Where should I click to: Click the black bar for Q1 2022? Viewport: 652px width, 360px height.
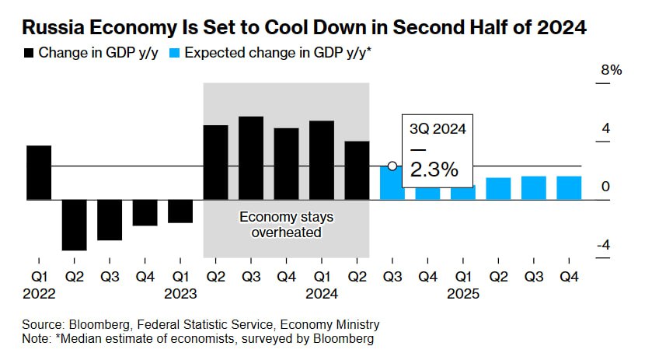[x=39, y=173]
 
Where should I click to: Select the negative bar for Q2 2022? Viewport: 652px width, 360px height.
[x=75, y=225]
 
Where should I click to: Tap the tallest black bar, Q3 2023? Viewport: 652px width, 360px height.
[x=251, y=158]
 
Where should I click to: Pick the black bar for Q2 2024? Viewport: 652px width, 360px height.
[x=357, y=170]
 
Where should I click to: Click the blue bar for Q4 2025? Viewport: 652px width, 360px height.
[x=569, y=187]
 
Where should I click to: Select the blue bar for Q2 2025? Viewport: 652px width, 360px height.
[x=498, y=188]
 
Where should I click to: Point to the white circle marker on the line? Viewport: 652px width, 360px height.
[x=392, y=166]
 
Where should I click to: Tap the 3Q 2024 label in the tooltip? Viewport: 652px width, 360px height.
[x=438, y=130]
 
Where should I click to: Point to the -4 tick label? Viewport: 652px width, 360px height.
[x=601, y=246]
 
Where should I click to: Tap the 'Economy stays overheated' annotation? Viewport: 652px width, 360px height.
[x=286, y=224]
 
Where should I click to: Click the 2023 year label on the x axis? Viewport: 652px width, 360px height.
[x=180, y=294]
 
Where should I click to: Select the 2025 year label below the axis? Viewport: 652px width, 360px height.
[x=463, y=294]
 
